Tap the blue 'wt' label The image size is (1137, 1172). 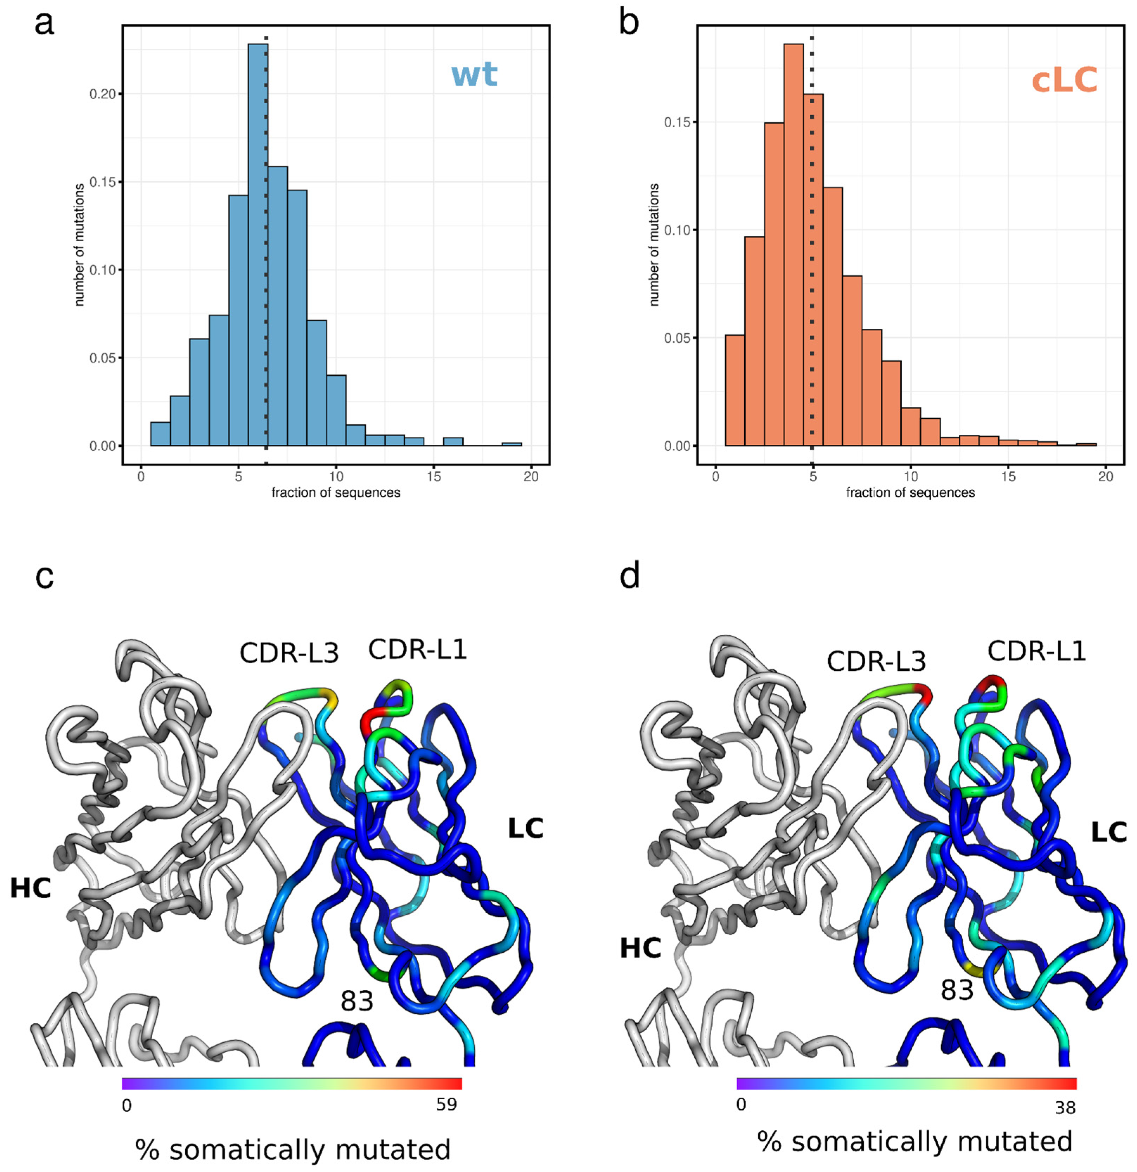474,75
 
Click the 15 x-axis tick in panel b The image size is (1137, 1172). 1008,477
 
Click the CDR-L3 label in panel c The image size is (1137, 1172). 289,653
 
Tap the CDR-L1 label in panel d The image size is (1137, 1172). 1036,651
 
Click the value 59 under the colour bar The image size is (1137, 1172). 446,1105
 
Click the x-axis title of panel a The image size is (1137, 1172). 335,493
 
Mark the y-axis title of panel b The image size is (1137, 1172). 654,245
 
